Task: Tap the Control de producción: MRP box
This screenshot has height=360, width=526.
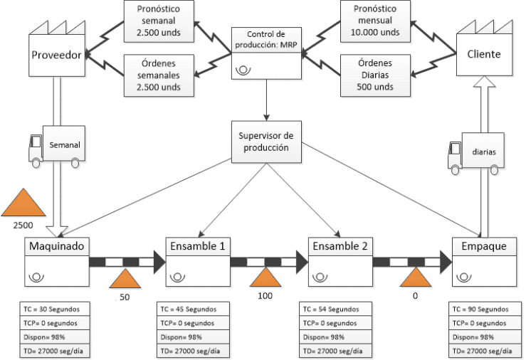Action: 265,53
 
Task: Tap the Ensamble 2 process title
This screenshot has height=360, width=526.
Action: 339,247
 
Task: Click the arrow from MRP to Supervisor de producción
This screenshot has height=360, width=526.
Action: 265,100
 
